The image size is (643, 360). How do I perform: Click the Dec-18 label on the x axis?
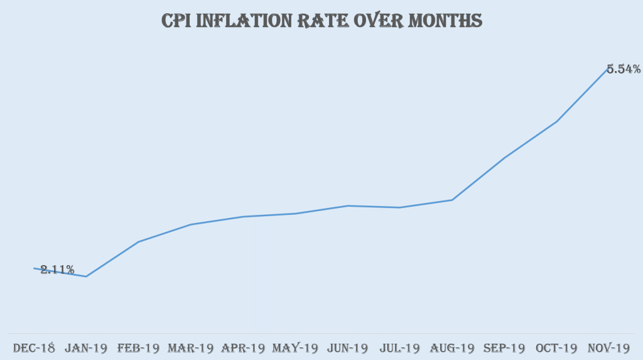[34, 347]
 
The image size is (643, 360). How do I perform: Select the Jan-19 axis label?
[85, 347]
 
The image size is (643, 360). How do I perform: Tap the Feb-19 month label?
[138, 347]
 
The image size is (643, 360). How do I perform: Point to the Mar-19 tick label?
[190, 347]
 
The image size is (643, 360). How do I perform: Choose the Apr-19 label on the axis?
[243, 347]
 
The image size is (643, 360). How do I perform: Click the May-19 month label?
[295, 347]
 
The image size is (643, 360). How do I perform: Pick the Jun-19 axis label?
[348, 347]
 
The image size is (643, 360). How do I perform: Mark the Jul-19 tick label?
[399, 347]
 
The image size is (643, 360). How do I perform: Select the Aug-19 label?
[452, 347]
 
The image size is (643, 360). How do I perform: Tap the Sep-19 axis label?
[504, 347]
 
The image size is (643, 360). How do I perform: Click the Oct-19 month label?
[556, 347]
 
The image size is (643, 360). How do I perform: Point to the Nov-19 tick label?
[608, 347]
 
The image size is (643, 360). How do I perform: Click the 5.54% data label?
[624, 69]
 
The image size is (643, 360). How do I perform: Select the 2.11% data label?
[57, 270]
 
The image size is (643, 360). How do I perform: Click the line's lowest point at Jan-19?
[86, 276]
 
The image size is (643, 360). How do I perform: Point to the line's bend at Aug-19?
[452, 200]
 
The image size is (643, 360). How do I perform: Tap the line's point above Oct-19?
[556, 121]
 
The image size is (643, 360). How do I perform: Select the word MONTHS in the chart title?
[445, 21]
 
